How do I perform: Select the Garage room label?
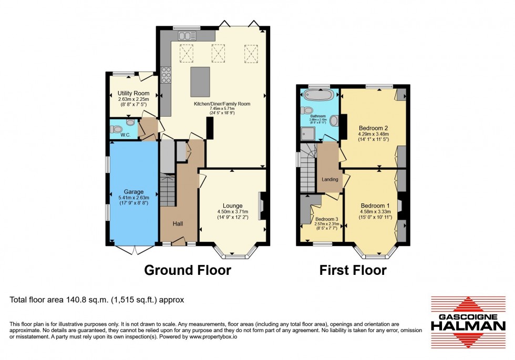point(133,192)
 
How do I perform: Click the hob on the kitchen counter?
point(166,77)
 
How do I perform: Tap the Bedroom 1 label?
point(375,205)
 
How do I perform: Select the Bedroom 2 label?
point(373,128)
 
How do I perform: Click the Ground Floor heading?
point(188,270)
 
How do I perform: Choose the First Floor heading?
point(353,270)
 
